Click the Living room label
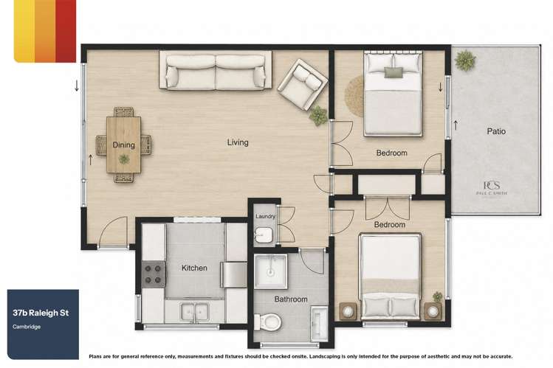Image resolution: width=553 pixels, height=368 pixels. pyautogui.click(x=238, y=142)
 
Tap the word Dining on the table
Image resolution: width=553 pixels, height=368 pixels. pyautogui.click(x=123, y=145)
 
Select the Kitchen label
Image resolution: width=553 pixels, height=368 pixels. pyautogui.click(x=194, y=268)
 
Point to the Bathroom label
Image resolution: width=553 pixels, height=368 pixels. pyautogui.click(x=291, y=299)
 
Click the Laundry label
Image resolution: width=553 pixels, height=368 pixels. pyautogui.click(x=265, y=217)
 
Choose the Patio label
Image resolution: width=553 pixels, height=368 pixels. pyautogui.click(x=496, y=131)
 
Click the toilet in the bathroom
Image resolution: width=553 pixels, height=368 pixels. pyautogui.click(x=268, y=321)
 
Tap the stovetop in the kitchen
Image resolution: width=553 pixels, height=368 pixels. pyautogui.click(x=153, y=274)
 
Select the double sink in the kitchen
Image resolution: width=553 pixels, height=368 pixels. pyautogui.click(x=194, y=312)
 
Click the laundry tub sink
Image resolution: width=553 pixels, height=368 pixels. pyautogui.click(x=264, y=235)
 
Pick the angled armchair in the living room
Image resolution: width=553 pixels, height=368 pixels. pyautogui.click(x=303, y=85)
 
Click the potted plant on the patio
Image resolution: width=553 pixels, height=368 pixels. pyautogui.click(x=465, y=60)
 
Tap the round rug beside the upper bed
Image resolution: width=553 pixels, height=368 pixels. pyautogui.click(x=354, y=96)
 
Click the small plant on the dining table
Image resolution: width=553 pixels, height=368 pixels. pyautogui.click(x=124, y=159)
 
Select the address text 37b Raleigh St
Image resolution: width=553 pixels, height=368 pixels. pyautogui.click(x=41, y=313)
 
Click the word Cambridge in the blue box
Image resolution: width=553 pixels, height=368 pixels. pyautogui.click(x=27, y=327)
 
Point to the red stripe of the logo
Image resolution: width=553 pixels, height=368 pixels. pyautogui.click(x=66, y=31)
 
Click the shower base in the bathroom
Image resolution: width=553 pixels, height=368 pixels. pyautogui.click(x=270, y=271)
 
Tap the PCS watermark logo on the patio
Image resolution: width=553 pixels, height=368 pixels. pyautogui.click(x=492, y=188)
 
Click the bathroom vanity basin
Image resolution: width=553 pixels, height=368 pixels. pyautogui.click(x=319, y=324)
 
